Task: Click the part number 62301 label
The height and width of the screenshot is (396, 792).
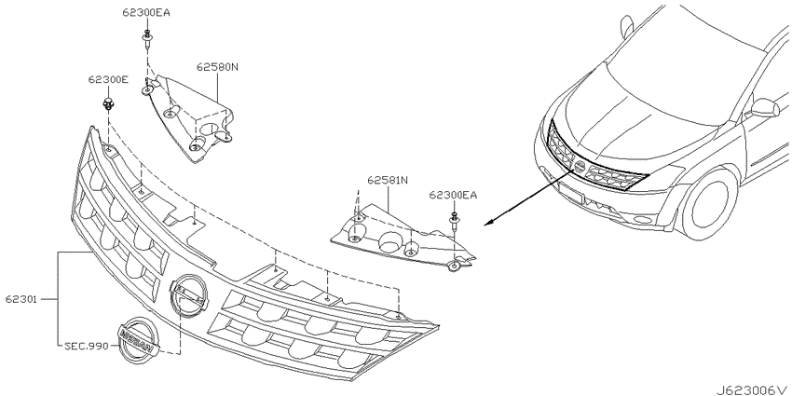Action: point(21,299)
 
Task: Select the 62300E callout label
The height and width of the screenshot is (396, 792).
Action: point(107,79)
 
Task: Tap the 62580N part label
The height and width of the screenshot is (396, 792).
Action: point(217,67)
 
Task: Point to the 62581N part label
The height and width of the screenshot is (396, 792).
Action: point(388,180)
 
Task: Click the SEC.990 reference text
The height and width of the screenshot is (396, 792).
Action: point(87,347)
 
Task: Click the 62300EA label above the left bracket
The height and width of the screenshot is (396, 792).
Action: point(146,13)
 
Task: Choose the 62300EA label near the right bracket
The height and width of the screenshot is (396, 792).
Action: point(453,195)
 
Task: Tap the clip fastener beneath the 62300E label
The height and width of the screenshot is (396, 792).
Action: point(107,105)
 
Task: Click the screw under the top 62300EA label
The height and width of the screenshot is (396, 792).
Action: point(146,39)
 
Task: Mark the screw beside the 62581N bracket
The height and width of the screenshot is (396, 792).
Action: point(454,222)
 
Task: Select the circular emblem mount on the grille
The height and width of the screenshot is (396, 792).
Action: point(189,296)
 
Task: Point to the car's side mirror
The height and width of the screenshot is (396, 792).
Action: point(765,107)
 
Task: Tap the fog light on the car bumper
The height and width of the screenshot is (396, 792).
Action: point(643,220)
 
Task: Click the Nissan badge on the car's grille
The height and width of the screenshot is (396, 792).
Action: point(579,168)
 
